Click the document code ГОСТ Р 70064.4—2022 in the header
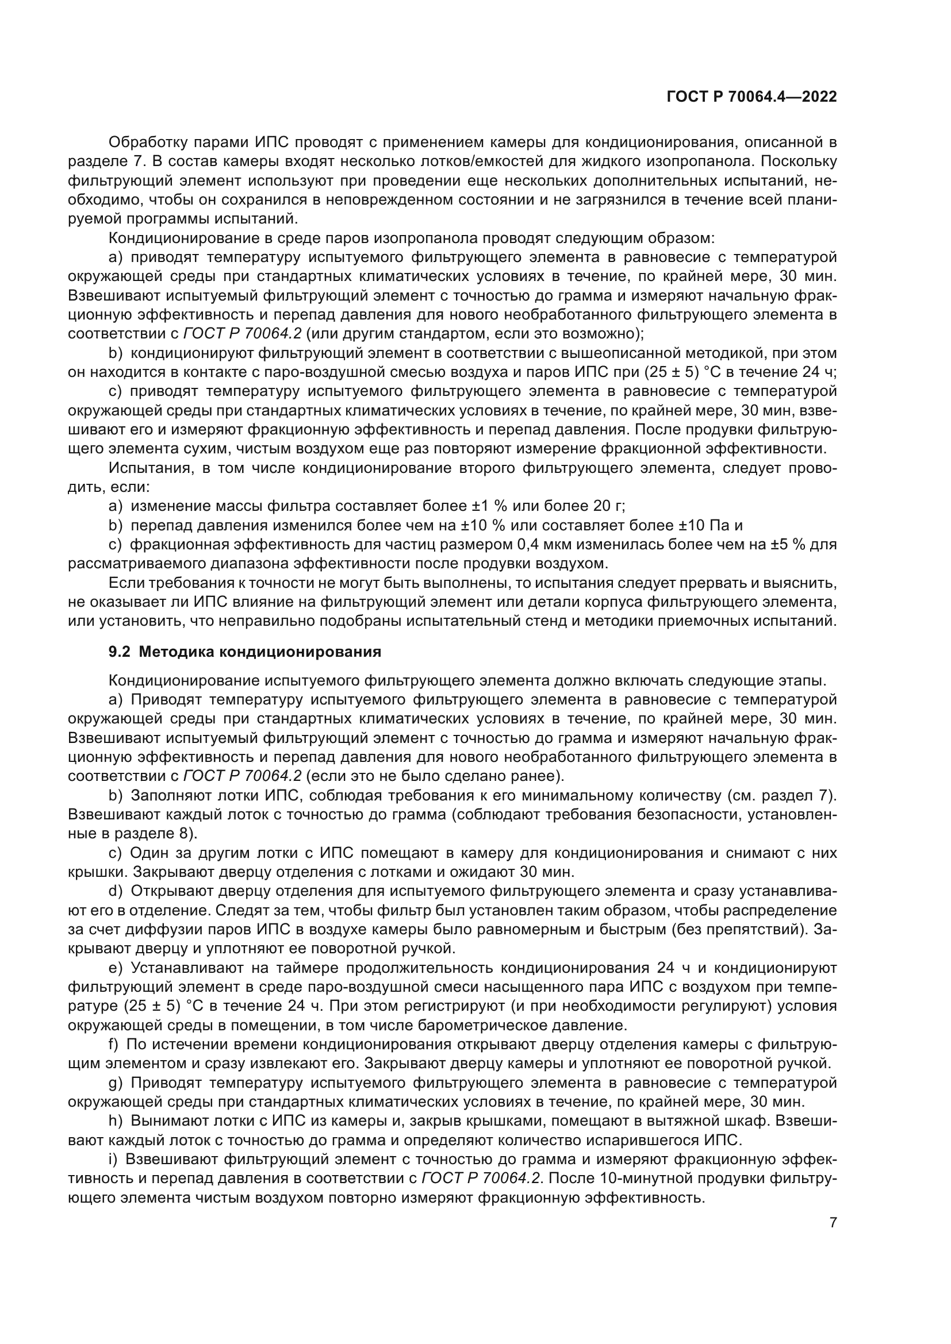click(751, 97)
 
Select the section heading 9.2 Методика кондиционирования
click(245, 652)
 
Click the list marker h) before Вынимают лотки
click(115, 1122)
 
